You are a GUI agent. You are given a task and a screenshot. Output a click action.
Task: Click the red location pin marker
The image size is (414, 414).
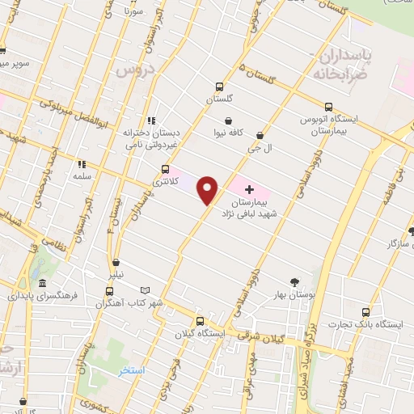[209, 191]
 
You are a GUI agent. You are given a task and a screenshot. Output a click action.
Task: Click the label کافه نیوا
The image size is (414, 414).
[230, 132]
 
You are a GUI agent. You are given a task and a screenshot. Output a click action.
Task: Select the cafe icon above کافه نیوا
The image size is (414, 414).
[229, 120]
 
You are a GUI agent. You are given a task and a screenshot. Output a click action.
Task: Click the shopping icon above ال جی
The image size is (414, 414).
[260, 135]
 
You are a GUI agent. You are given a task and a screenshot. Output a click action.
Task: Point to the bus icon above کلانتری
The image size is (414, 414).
[166, 169]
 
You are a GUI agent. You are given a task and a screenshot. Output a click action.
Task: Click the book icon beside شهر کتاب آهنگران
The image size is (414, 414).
[146, 289]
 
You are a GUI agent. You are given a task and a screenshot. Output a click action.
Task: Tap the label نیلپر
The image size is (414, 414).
[118, 274]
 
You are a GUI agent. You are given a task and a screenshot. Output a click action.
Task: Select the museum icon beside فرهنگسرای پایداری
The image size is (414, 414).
[42, 283]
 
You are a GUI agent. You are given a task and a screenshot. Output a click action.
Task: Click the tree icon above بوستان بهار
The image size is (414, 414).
[294, 281]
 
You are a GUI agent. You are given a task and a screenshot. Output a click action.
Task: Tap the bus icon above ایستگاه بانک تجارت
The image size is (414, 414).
[366, 311]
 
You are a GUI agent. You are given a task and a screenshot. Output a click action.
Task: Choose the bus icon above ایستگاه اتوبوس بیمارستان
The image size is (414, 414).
[328, 106]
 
